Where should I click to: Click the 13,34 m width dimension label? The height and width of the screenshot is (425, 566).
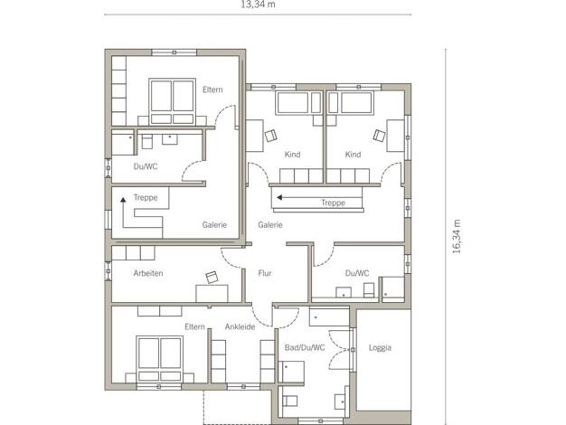258,5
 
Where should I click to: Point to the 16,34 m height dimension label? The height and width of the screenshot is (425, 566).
457,236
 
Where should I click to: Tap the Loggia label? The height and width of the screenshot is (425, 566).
380,348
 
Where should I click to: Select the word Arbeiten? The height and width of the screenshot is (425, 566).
148,273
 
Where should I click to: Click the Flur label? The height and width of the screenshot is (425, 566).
265,273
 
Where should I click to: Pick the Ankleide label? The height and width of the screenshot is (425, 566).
240,326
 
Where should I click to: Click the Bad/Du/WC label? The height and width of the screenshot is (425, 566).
305,348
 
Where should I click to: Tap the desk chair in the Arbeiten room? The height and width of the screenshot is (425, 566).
212,278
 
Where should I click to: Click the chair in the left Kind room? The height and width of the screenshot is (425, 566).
270,136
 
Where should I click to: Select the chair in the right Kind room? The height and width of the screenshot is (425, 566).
379,136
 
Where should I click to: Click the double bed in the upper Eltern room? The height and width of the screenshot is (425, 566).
172,101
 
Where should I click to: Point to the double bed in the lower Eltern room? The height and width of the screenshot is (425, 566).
159,359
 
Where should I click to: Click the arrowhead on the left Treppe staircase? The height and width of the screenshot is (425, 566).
124,199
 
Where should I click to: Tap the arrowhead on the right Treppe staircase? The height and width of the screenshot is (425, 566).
279,197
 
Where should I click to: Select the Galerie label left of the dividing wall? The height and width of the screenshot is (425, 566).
214,225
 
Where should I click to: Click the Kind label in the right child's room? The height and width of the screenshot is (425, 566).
353,155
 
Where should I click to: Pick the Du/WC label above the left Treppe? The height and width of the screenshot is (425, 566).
146,166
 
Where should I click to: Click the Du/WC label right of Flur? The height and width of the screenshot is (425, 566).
357,273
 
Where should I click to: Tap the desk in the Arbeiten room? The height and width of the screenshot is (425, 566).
212,293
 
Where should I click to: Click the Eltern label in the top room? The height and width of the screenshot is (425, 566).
212,90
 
